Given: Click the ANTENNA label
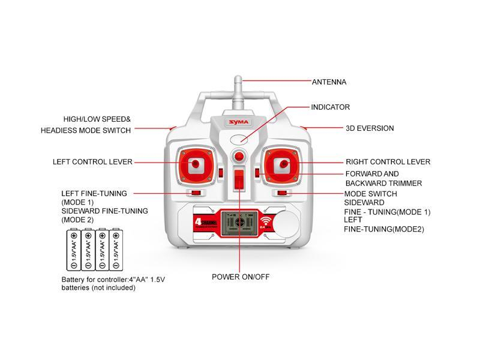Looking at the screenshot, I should pyautogui.click(x=329, y=82).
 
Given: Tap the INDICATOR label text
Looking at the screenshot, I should pyautogui.click(x=330, y=107).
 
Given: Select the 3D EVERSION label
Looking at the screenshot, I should pyautogui.click(x=370, y=128).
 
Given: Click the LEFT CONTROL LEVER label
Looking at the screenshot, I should pyautogui.click(x=92, y=162).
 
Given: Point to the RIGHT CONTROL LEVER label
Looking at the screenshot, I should pyautogui.click(x=388, y=162).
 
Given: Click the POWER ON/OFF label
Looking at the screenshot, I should pyautogui.click(x=239, y=277).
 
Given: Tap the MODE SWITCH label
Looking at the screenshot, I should pyautogui.click(x=370, y=194).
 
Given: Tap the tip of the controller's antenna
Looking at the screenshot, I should pyautogui.click(x=238, y=79).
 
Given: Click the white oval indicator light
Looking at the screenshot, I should pyautogui.click(x=239, y=139).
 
